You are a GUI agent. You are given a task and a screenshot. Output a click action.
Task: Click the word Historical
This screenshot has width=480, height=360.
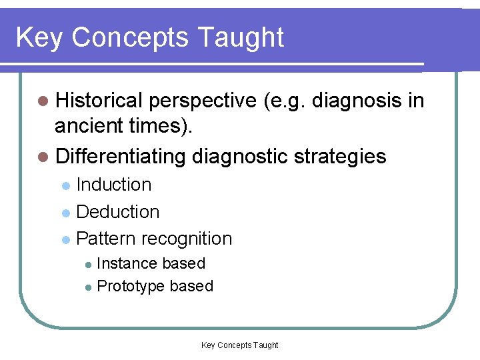(99, 100)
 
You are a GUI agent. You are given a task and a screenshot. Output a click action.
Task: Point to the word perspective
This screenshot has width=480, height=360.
(203, 100)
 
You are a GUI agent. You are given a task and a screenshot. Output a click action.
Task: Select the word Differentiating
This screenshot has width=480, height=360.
(121, 157)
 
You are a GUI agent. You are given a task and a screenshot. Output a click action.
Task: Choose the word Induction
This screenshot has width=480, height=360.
(114, 185)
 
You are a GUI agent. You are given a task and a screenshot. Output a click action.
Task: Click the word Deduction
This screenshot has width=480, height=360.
(118, 212)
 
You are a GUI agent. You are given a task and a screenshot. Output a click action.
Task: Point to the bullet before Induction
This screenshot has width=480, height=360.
(65, 186)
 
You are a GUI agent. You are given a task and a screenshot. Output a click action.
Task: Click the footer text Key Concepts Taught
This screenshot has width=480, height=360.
(239, 345)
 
